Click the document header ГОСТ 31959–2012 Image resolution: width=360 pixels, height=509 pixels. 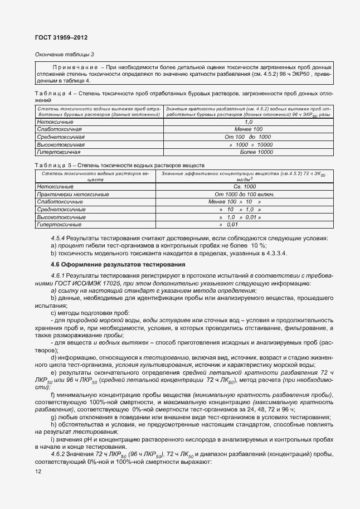coord(61,37)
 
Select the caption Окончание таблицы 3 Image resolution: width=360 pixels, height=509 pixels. coord(65,54)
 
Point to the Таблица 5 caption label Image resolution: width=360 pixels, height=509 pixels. coord(53,166)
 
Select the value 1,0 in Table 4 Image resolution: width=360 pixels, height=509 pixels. coord(249,122)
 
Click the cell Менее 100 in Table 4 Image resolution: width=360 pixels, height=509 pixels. coord(249,129)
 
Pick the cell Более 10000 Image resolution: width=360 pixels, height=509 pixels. coord(256,152)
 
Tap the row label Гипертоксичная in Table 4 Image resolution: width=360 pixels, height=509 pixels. coord(59,152)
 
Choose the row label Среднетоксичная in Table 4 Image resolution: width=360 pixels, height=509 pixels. coord(61,137)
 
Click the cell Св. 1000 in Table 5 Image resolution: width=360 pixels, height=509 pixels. coord(244,187)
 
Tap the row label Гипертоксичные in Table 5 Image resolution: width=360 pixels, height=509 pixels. coord(59,224)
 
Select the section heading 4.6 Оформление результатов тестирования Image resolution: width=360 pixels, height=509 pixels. coord(114,264)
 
